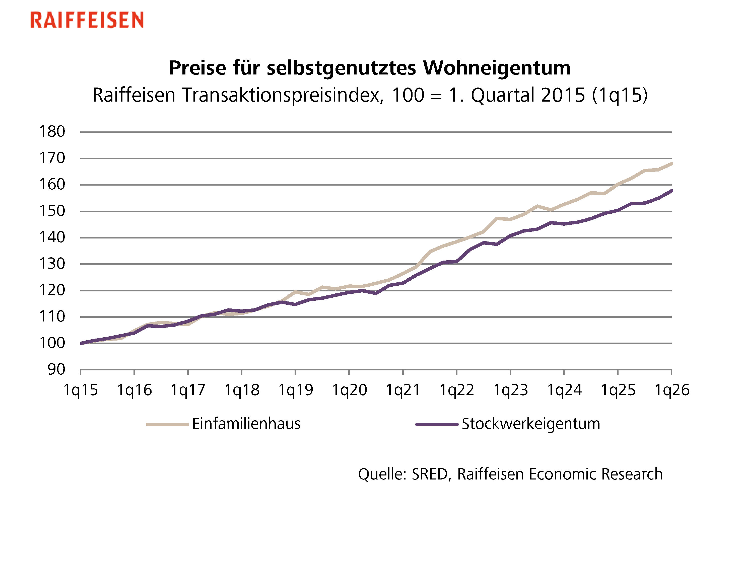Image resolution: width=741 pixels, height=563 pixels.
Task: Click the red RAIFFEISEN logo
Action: pos(87,20)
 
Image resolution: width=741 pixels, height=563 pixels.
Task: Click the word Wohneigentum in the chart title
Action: pos(497,68)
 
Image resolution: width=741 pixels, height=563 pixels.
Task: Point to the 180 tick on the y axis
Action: pos(52,132)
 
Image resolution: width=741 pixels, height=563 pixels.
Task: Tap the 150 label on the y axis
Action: pos(52,211)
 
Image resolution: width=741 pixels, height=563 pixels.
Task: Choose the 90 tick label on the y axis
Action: pos(56,370)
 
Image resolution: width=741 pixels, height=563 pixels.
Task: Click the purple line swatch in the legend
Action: pos(437,425)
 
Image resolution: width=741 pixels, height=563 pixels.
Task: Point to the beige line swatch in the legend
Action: pos(167,425)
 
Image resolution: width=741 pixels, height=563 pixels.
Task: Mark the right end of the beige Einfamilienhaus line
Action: pos(671,164)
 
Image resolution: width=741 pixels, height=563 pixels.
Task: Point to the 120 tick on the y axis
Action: pos(52,290)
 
